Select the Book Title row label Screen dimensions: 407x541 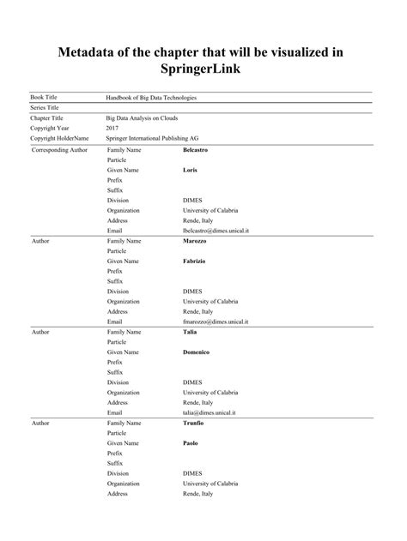tap(46, 99)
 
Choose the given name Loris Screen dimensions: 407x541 tap(190, 171)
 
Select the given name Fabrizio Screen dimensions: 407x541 tap(194, 261)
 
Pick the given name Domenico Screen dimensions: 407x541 tap(197, 352)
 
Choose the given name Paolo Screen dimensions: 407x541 tap(191, 442)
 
